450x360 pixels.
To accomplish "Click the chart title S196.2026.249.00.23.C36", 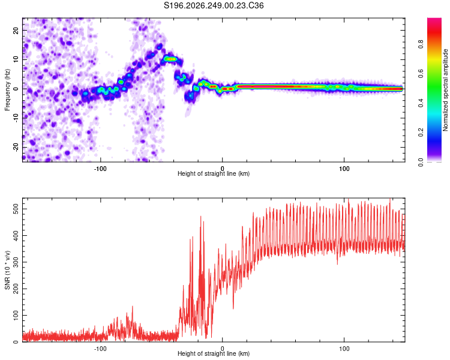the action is point(214,5).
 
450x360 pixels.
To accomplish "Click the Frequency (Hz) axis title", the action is point(7,90).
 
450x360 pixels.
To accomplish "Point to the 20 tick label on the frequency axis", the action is point(16,30).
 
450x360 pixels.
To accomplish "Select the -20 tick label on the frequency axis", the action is point(16,147).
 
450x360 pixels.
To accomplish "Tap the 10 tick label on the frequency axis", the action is point(16,59).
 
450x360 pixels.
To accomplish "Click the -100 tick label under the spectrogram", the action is point(100,169).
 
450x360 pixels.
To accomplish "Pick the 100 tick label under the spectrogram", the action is point(344,169).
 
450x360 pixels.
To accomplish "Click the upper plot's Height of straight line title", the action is point(214,173).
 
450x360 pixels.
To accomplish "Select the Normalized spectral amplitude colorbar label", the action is point(445,90).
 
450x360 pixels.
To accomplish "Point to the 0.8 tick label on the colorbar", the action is point(421,44).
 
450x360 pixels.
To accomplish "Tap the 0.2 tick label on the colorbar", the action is point(421,133).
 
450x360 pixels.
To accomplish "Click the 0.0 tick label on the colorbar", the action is point(421,162).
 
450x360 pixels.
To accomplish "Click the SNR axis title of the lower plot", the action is point(7,270).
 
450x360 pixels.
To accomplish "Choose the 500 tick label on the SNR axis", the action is point(16,209).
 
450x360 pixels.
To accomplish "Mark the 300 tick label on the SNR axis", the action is point(16,262).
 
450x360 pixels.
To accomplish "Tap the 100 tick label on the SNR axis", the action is point(16,315).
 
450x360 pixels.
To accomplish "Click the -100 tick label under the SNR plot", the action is point(100,349).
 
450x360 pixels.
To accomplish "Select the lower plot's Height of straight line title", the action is point(214,353).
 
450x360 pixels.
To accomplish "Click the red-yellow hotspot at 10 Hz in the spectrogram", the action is point(172,59).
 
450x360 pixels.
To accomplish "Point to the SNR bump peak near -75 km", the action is point(133,307).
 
